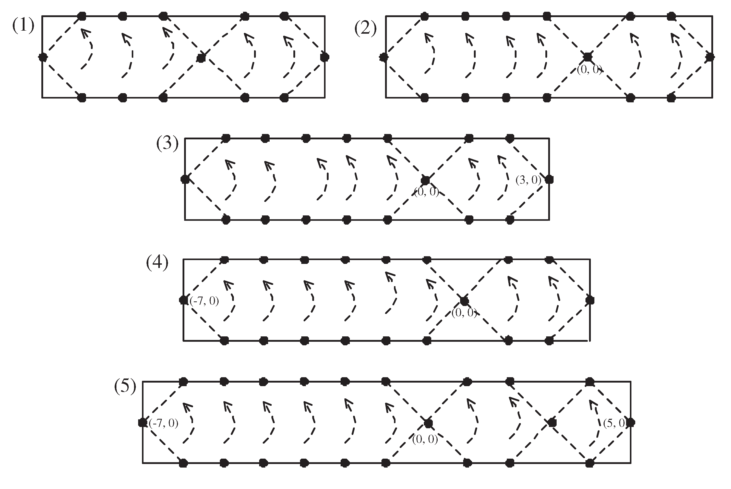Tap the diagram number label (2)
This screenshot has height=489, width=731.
365,29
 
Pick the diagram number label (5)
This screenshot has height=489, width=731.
125,387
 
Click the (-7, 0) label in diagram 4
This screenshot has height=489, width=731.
204,301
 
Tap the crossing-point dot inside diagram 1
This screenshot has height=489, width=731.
201,58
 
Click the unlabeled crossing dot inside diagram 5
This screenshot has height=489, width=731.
552,423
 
